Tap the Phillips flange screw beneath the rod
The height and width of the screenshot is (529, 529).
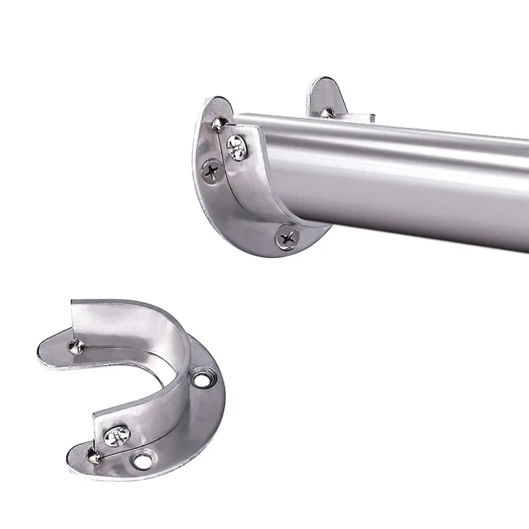[287, 237]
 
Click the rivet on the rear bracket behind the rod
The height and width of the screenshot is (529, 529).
[328, 112]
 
